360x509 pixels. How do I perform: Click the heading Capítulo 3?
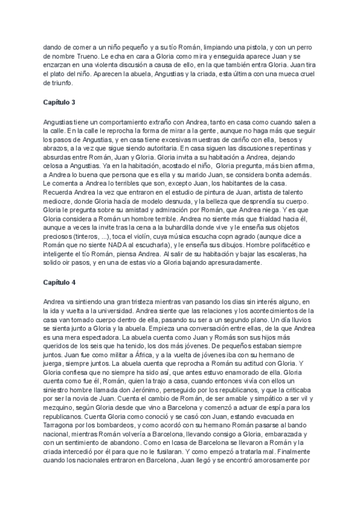tap(61, 103)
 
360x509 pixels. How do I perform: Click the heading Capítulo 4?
tap(61, 281)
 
